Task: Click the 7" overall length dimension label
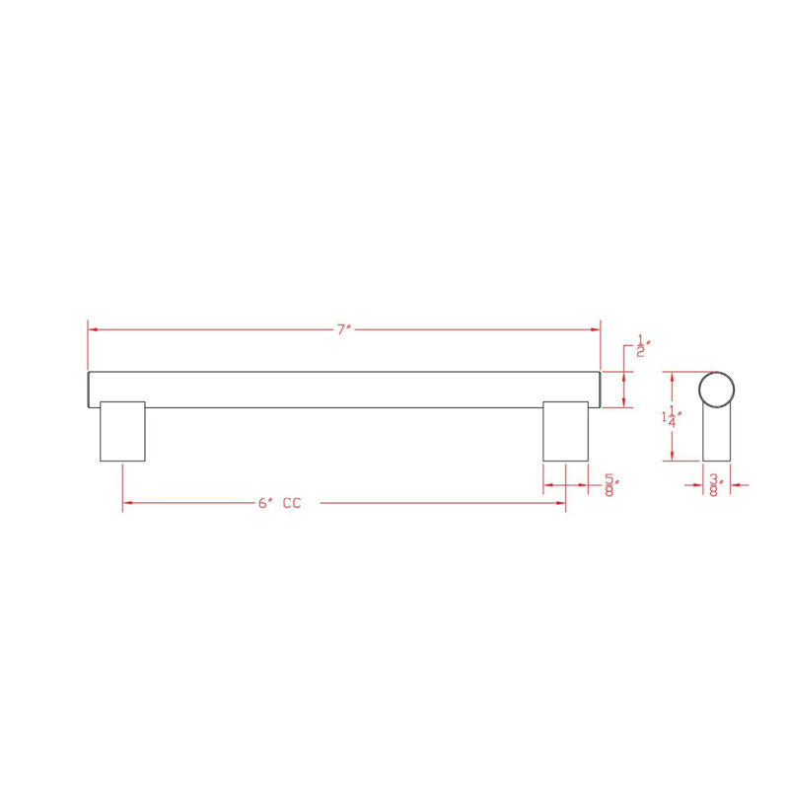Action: coord(343,329)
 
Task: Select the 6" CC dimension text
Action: coord(279,503)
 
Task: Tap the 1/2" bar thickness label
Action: coord(643,346)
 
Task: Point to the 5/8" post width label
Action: coord(610,485)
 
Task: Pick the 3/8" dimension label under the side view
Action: coord(716,485)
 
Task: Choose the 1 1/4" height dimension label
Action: coord(672,416)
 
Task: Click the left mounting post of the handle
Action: coord(122,431)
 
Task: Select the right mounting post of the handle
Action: coord(565,431)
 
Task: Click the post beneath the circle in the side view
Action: coord(717,434)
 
